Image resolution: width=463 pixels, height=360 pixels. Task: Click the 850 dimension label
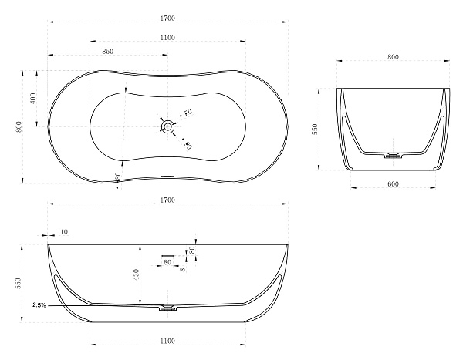click(x=108, y=51)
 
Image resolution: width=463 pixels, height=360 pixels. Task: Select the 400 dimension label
click(x=32, y=98)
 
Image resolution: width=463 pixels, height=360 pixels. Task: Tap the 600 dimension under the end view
click(x=393, y=183)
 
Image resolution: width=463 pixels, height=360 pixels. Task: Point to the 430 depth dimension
click(x=137, y=274)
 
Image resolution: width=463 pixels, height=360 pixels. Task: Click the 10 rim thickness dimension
click(x=64, y=232)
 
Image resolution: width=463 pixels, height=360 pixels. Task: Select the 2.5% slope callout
click(x=39, y=305)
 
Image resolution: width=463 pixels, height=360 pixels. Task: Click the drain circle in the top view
click(x=167, y=127)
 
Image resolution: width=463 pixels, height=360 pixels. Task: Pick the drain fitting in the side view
click(x=167, y=308)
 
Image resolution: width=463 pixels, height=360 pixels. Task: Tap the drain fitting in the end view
click(x=393, y=155)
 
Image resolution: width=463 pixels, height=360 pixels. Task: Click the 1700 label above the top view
click(x=167, y=19)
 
